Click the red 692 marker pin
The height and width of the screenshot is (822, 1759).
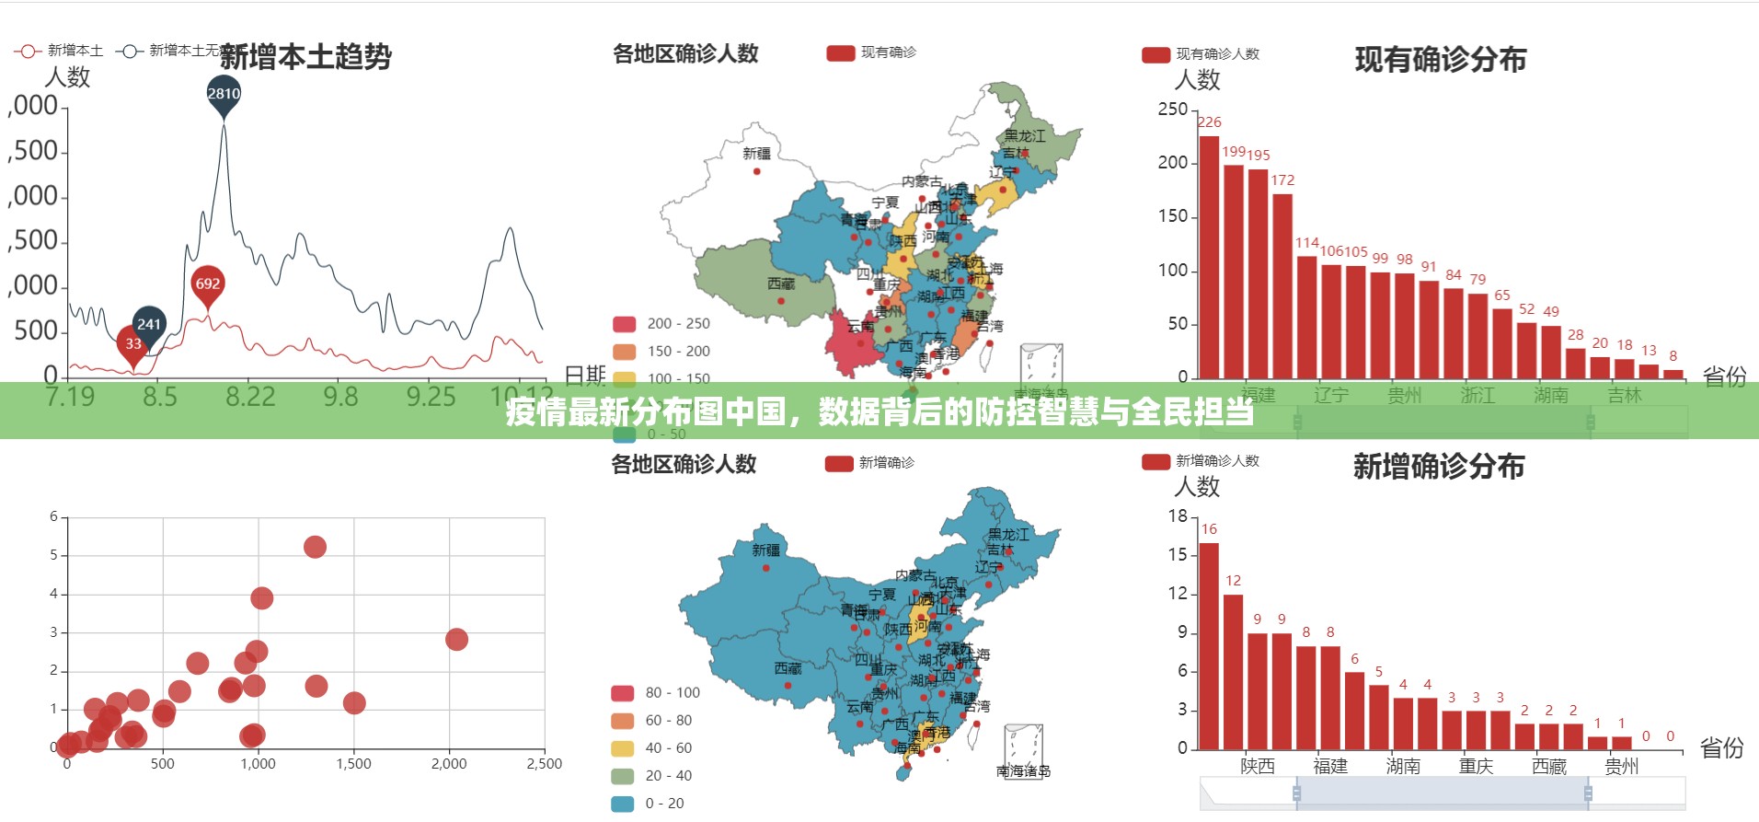208,284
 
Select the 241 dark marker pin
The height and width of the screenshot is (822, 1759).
149,324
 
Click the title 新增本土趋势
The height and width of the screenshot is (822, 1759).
305,57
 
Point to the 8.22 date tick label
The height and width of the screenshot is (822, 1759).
250,397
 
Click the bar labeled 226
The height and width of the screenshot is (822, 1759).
1209,258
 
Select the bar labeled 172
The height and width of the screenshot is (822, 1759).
1282,285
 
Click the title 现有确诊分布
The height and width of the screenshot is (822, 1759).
1440,60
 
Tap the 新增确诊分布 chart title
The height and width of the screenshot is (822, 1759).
1438,467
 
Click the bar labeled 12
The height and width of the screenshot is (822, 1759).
1233,672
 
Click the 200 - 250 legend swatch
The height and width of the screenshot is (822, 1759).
625,324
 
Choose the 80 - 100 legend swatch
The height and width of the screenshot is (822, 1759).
623,693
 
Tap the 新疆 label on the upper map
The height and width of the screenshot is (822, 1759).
757,154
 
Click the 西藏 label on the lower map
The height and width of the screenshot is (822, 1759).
788,668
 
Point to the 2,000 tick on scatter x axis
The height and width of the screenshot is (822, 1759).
449,764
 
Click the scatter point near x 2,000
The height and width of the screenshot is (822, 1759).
456,640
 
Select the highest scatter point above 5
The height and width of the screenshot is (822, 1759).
315,548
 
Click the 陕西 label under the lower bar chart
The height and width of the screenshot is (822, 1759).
1257,766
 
